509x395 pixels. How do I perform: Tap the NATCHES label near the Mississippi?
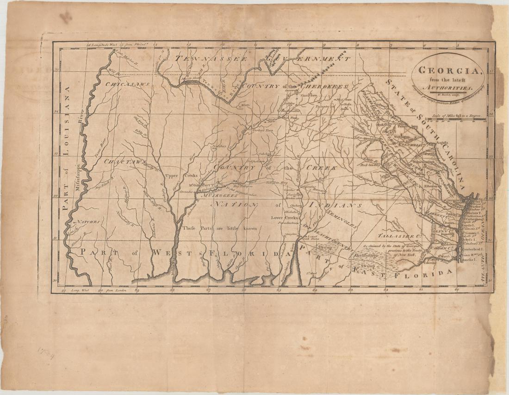tap(88, 222)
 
